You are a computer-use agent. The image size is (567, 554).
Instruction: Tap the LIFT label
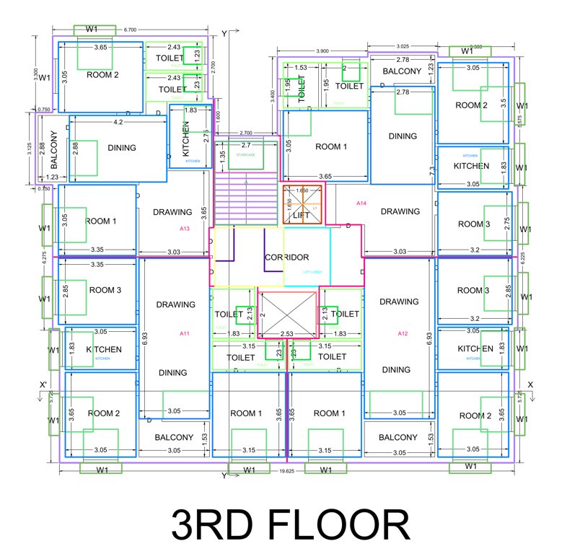coord(301,215)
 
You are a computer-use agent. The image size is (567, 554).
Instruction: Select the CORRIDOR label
coord(286,257)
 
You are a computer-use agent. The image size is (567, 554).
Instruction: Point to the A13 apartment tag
coord(185,229)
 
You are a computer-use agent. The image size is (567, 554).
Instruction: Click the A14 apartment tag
coord(361,204)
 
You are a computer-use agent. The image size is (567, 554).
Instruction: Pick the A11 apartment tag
coord(185,333)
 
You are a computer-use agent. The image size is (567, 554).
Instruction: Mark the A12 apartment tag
coord(403,333)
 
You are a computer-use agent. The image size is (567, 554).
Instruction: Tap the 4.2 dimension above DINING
coord(119,123)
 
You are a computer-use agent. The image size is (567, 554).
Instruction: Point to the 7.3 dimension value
coord(431,170)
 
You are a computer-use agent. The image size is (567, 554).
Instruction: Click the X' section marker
coord(45,385)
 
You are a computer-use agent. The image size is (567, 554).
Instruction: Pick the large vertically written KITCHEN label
coord(185,139)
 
